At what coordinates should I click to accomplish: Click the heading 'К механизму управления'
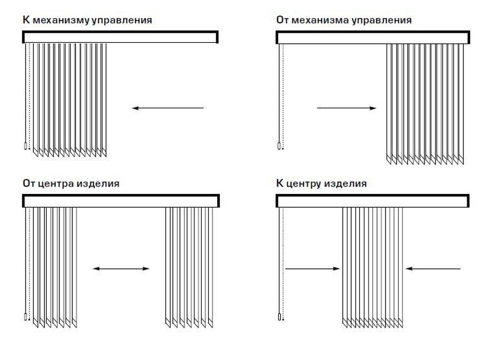[87, 20]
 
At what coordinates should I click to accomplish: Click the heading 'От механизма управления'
[344, 20]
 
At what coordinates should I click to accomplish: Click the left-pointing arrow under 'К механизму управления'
[168, 108]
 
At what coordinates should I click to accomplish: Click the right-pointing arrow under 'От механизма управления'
[347, 108]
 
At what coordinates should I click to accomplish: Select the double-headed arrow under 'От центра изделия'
[121, 269]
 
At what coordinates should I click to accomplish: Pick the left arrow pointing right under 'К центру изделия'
[312, 269]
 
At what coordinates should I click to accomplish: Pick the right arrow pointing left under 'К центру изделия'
[433, 269]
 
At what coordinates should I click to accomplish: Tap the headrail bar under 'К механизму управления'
[120, 37]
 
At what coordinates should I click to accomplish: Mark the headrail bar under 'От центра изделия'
[121, 201]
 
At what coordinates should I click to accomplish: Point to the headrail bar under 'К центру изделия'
[373, 201]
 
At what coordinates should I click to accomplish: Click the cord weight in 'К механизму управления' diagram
[26, 147]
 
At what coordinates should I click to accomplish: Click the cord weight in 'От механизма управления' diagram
[279, 147]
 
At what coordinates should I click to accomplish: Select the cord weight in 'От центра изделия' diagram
[26, 317]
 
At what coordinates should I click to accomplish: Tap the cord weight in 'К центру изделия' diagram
[279, 317]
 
